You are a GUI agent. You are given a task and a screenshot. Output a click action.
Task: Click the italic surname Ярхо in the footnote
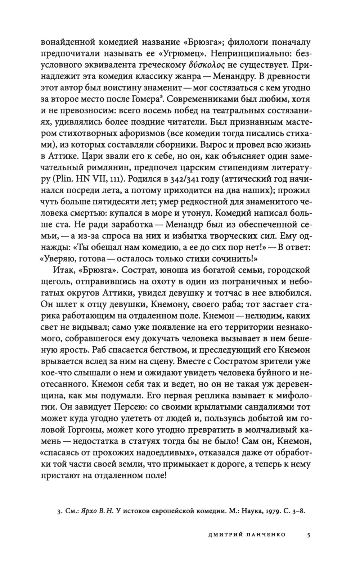click(90, 511)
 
